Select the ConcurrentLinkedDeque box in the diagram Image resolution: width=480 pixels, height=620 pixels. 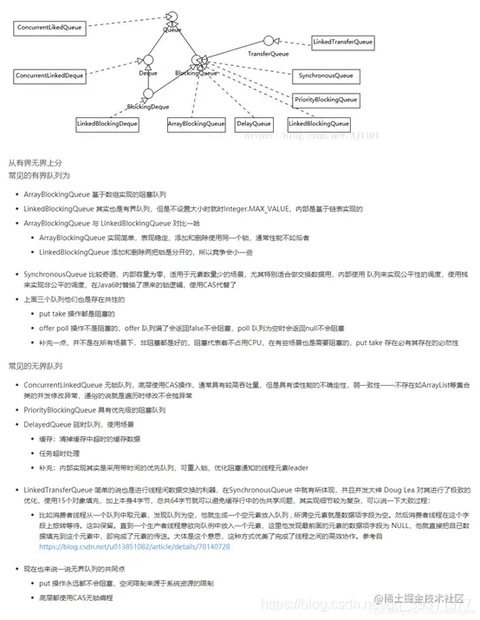[x=51, y=76]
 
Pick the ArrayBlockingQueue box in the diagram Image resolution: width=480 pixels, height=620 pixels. [x=197, y=124]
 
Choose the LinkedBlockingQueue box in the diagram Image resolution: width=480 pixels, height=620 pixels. [x=321, y=124]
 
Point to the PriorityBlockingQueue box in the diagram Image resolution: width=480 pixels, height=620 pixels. [x=325, y=101]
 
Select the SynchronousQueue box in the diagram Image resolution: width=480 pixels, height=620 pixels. [x=323, y=76]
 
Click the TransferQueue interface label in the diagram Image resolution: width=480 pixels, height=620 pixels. [x=269, y=54]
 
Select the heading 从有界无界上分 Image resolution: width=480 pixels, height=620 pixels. [x=36, y=162]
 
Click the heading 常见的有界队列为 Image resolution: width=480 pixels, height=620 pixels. [x=39, y=175]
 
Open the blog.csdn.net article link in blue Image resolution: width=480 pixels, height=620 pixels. [x=134, y=547]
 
